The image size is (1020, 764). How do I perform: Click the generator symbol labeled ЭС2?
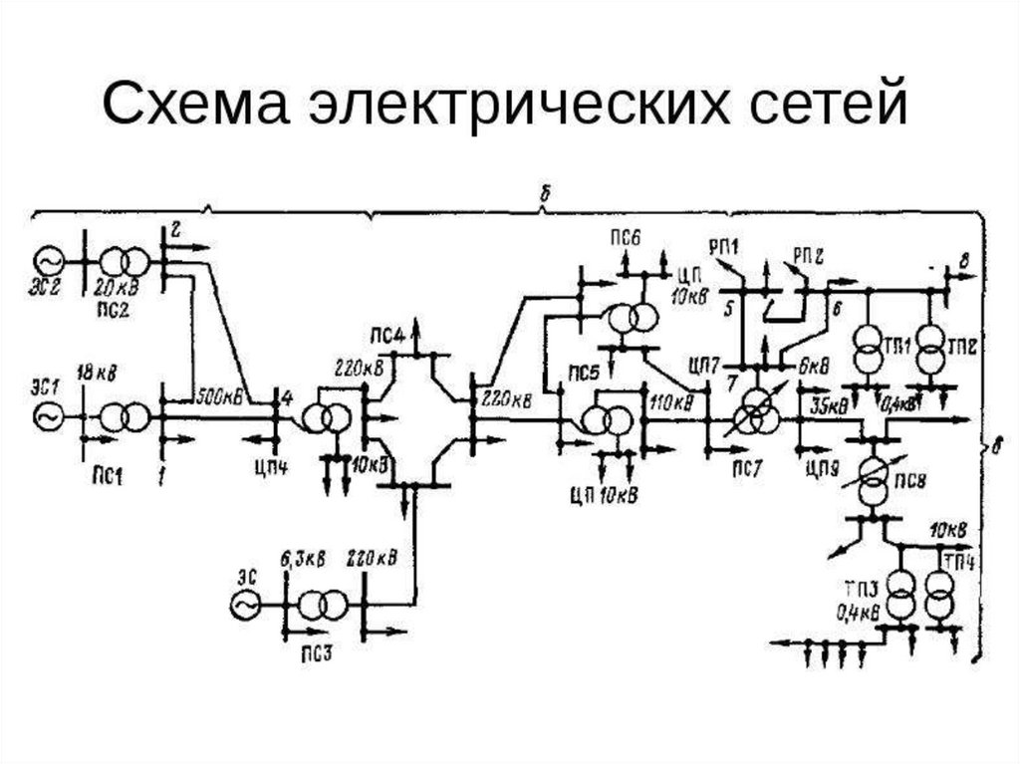(x=49, y=260)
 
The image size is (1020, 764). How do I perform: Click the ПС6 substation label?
(x=627, y=236)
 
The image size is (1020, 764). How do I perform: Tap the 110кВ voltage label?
(x=670, y=402)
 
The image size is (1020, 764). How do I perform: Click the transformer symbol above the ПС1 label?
(x=123, y=415)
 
